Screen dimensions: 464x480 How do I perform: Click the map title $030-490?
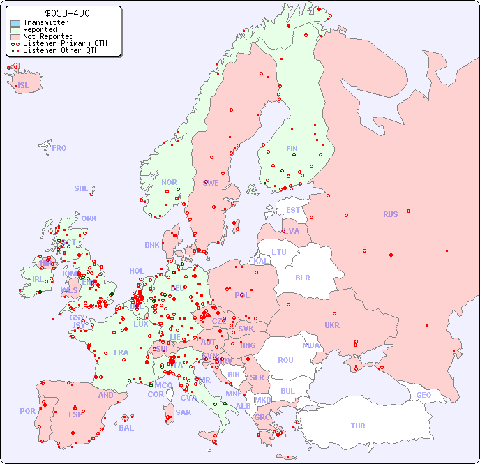point(66,13)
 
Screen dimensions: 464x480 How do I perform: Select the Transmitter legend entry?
point(46,23)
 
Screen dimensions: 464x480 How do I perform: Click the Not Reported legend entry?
point(48,37)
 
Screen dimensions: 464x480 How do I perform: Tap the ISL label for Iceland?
point(24,86)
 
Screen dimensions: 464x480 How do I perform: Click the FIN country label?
point(292,149)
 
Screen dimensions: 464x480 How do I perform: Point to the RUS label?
point(390,214)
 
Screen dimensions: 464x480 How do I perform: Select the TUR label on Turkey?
point(358,426)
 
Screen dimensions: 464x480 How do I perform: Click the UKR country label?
point(332,325)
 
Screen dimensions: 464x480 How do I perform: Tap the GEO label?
point(423,395)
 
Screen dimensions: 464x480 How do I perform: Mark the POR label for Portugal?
point(27,411)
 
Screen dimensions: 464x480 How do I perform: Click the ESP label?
point(75,414)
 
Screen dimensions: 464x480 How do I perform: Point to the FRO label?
point(59,148)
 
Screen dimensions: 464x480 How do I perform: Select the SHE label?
point(82,188)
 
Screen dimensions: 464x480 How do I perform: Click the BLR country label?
point(302,277)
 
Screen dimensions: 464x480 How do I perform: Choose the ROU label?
point(285,360)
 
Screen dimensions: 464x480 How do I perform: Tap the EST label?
point(293,210)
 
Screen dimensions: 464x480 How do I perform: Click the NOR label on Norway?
point(169,182)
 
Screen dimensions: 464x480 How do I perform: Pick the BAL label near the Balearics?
point(126,428)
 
